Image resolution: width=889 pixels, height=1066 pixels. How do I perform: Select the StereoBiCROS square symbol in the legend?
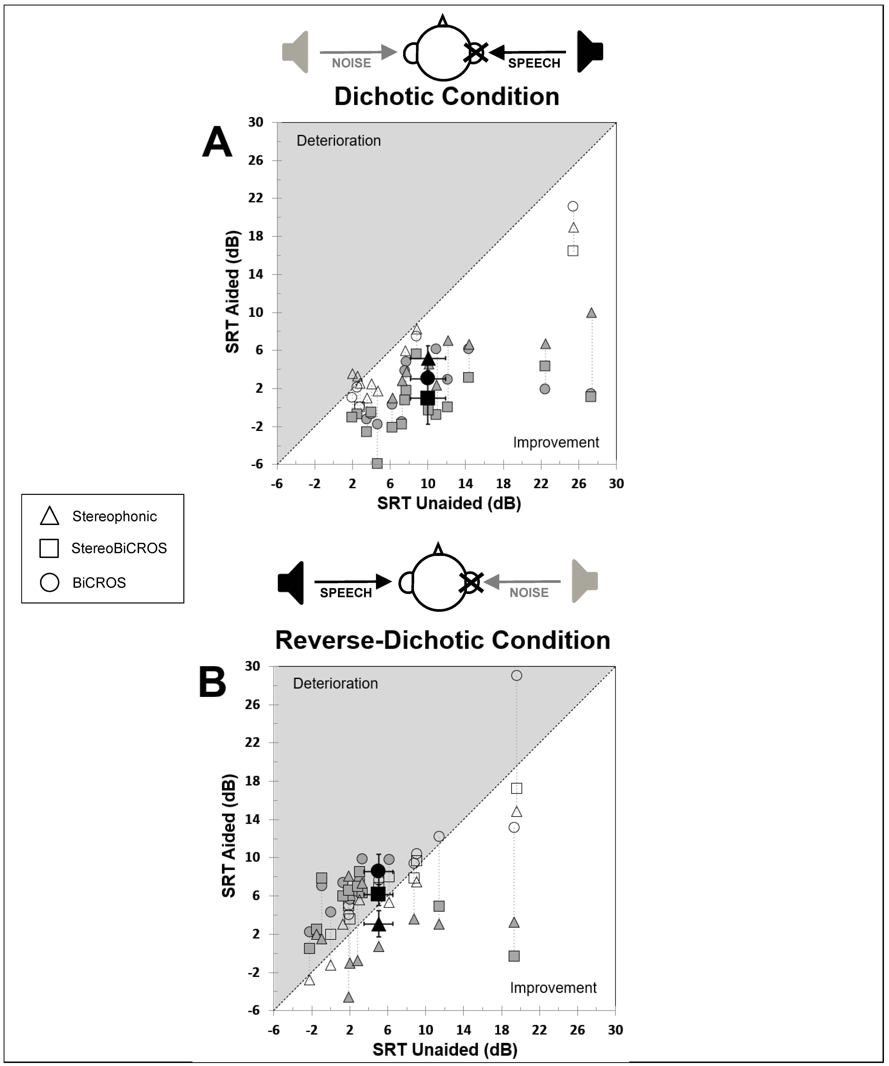pos(49,548)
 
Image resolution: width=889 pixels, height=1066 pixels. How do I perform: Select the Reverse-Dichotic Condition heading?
pos(442,640)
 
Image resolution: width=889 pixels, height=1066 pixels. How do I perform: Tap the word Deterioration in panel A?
pos(338,141)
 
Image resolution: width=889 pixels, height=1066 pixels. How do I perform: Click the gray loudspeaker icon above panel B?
pos(585,581)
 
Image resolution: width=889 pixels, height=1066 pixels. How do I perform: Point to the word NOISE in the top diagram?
pos(351,63)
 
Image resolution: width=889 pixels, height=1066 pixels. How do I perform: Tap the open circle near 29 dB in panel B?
pos(516,675)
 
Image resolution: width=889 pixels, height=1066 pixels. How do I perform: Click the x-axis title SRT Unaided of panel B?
pos(445,1049)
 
